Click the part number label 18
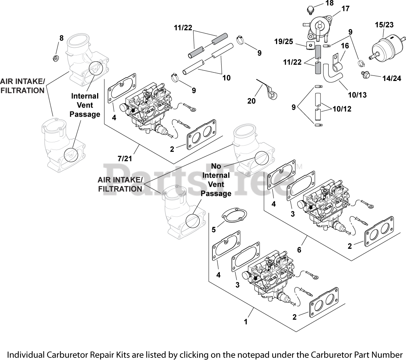coord(319,4)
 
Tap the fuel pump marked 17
coord(317,27)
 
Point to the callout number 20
coord(252,101)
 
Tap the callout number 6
coord(299,250)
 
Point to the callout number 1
coord(245,322)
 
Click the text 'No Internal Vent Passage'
coord(216,179)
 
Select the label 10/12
coord(342,108)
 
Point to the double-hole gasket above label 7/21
coord(202,139)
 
